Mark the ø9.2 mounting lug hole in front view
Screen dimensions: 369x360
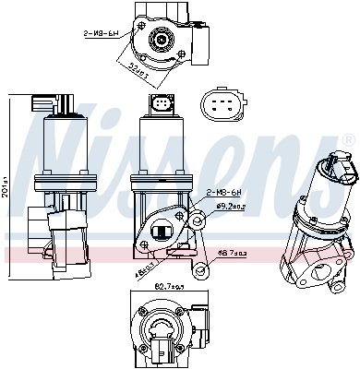198,220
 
